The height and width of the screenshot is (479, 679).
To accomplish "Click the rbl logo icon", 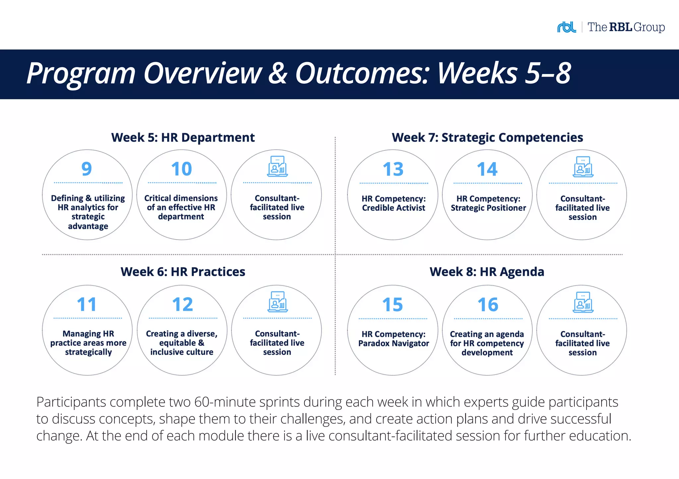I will [566, 27].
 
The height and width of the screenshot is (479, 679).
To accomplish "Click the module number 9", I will [87, 169].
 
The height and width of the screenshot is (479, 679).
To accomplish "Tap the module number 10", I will [181, 169].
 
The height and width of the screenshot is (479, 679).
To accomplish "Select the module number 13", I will [393, 169].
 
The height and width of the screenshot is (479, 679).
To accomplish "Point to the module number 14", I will [487, 169].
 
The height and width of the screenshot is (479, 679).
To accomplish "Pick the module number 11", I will [87, 304].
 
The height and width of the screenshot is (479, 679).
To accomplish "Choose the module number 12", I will [182, 304].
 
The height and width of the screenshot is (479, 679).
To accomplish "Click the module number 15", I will [392, 305].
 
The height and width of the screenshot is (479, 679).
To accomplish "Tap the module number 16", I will [488, 305].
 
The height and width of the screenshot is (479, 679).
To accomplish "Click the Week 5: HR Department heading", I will [183, 137].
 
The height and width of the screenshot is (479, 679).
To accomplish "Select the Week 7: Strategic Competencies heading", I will [487, 137].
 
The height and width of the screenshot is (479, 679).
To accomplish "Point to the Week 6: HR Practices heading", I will [183, 272].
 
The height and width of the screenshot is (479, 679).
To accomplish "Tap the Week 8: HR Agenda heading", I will [487, 272].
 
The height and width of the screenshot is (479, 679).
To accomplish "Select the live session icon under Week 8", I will [583, 302].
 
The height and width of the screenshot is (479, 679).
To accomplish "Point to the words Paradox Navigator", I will [394, 344].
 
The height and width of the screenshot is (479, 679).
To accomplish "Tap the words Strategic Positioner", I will [488, 208].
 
